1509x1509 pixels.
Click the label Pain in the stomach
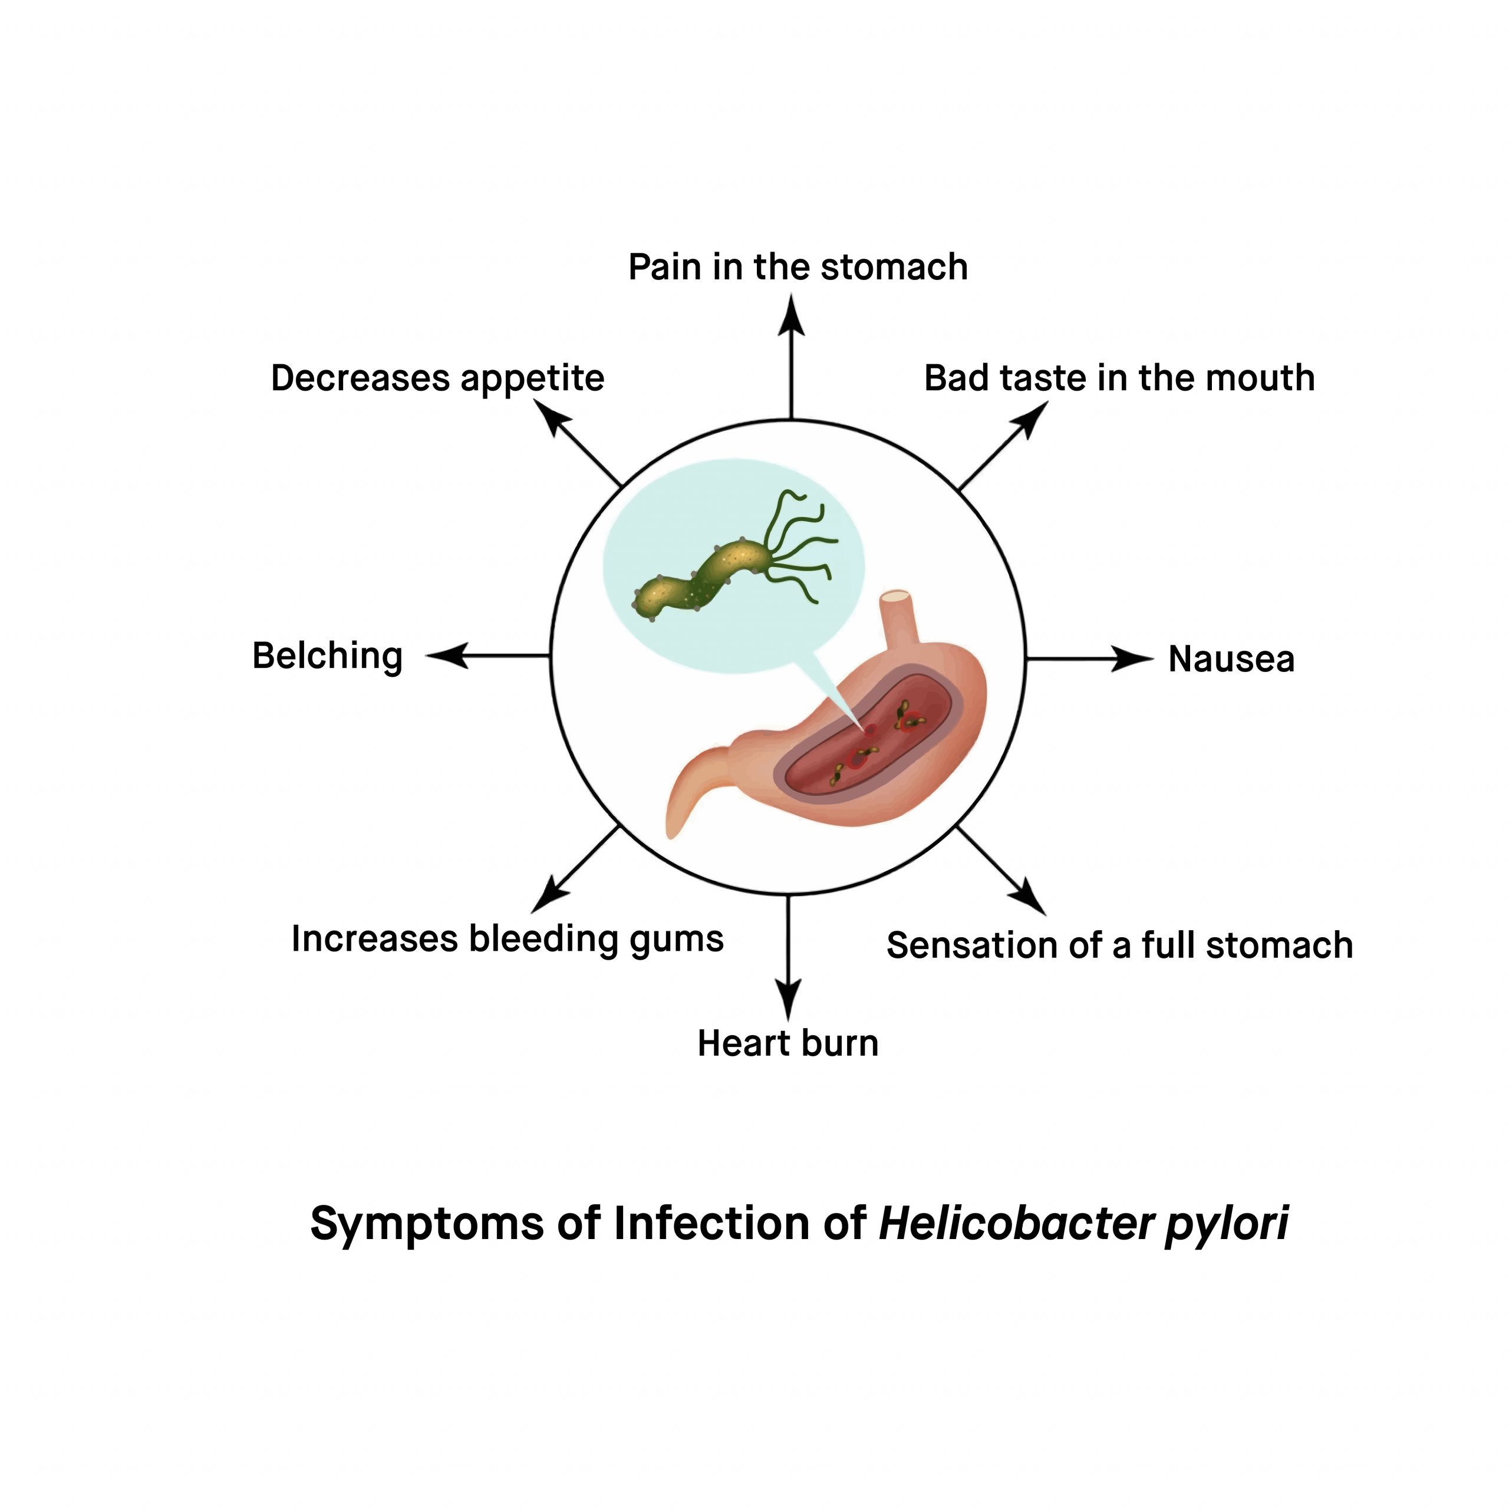798,267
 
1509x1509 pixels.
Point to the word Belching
327,656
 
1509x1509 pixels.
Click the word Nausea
1231,659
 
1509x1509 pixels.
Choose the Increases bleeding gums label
507,939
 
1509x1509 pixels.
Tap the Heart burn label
788,1043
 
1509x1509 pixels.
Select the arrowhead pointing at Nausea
1132,659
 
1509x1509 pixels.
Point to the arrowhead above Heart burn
788,998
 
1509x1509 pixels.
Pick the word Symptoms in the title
426,1223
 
